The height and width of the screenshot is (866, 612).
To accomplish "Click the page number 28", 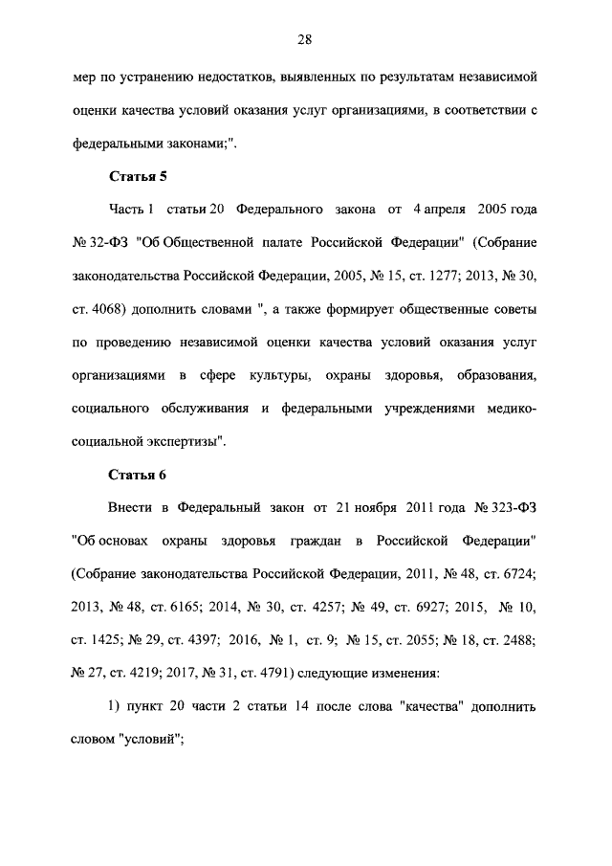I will (x=305, y=39).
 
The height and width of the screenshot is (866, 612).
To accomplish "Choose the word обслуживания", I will (x=206, y=409).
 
